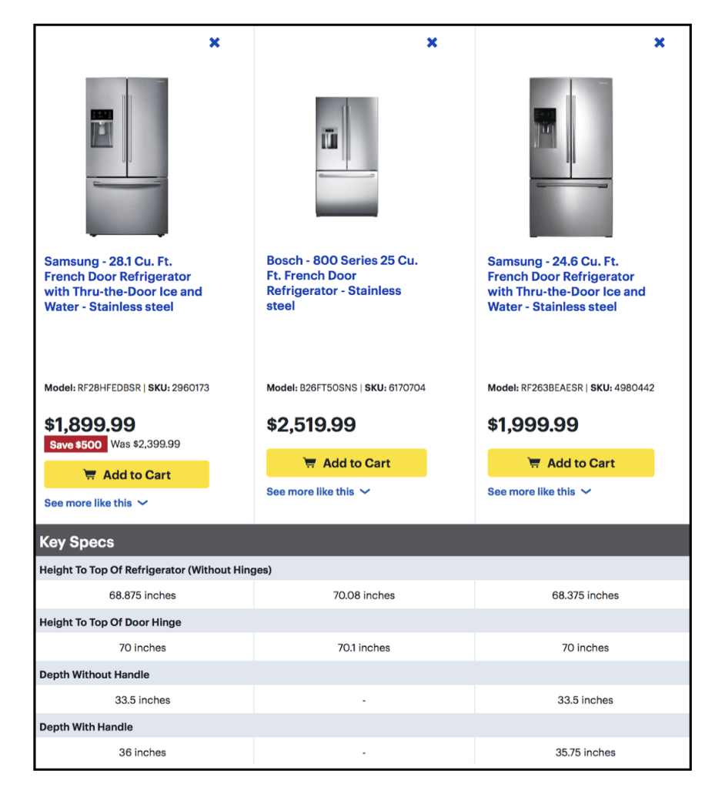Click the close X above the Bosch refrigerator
pyautogui.click(x=432, y=42)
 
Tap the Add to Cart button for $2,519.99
pyautogui.click(x=346, y=463)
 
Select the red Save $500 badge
pyautogui.click(x=75, y=444)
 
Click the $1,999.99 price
pyautogui.click(x=532, y=424)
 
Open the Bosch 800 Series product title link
pyautogui.click(x=342, y=283)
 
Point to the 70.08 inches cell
pyautogui.click(x=363, y=595)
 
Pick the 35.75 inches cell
pyautogui.click(x=585, y=752)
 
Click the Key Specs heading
pyautogui.click(x=77, y=541)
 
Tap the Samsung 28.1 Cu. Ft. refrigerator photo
pyautogui.click(x=126, y=156)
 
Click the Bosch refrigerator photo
pyautogui.click(x=347, y=156)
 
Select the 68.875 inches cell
pyautogui.click(x=142, y=595)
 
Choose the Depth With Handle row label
pyautogui.click(x=86, y=726)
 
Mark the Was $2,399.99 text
pyautogui.click(x=145, y=444)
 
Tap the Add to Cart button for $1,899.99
pyautogui.click(x=126, y=474)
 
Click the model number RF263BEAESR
pyautogui.click(x=552, y=388)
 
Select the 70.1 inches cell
pyautogui.click(x=363, y=648)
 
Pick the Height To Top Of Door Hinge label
pyautogui.click(x=110, y=621)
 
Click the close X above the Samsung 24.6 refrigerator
pyautogui.click(x=659, y=42)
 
